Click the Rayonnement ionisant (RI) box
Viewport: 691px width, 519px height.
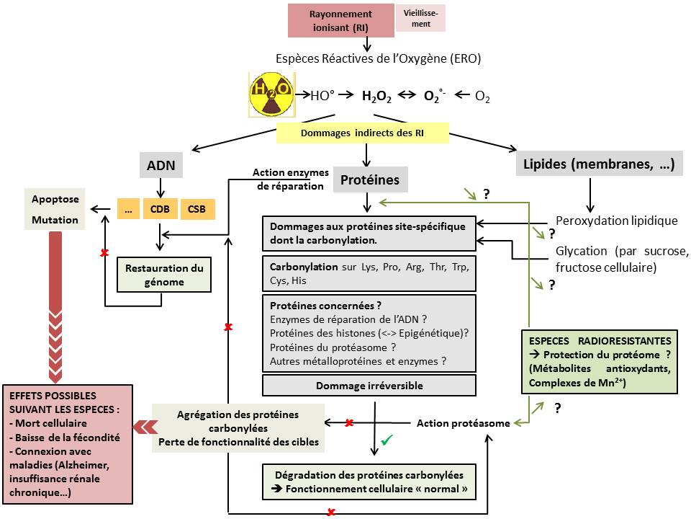[340, 19]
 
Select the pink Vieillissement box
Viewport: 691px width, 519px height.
[421, 18]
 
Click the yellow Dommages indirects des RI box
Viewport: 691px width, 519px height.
[363, 133]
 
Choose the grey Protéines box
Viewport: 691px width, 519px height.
[370, 179]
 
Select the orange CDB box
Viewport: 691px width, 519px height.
[161, 209]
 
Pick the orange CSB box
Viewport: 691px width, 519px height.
[196, 209]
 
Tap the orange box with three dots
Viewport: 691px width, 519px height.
[128, 209]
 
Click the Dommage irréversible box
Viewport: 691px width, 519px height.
[369, 386]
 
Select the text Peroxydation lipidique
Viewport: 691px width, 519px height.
[617, 221]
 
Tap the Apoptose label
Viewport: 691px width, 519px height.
[55, 198]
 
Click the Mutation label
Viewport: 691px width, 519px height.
[55, 220]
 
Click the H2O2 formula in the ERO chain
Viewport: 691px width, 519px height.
[376, 96]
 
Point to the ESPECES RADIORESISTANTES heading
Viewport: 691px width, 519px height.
[600, 340]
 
